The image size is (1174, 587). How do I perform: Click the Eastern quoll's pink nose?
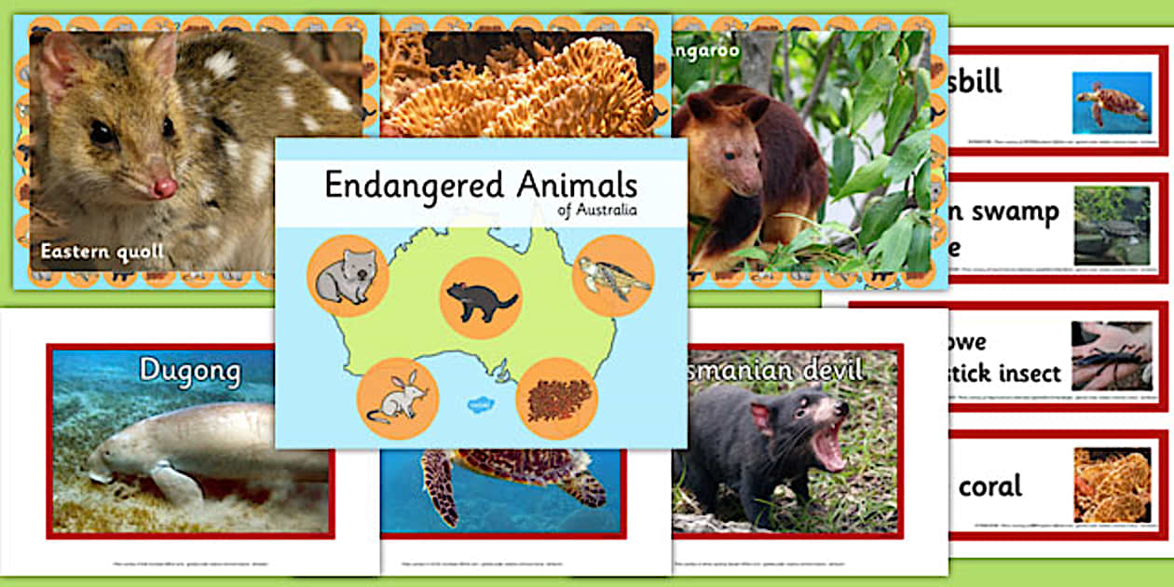[x=165, y=187]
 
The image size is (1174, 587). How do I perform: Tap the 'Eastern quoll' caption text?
[x=102, y=252]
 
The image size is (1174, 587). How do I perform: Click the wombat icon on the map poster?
[x=345, y=276]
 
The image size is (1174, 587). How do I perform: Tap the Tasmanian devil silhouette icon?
[x=480, y=298]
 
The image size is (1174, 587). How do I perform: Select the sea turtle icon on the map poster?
[x=613, y=276]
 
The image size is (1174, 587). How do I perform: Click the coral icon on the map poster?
[x=556, y=399]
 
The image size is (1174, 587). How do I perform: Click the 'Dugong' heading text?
[x=189, y=370]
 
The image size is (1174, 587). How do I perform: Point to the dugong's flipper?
[x=177, y=485]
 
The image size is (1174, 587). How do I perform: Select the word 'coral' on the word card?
[x=991, y=486]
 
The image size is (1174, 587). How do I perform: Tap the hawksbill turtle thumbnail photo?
[x=1112, y=102]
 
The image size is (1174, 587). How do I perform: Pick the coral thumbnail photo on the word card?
[x=1112, y=485]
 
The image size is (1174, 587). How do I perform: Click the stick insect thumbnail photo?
[x=1112, y=356]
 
